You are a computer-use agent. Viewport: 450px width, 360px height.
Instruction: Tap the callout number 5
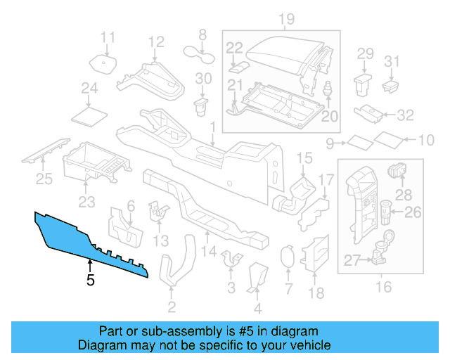coord(89,281)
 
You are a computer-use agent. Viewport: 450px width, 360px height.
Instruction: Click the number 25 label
coord(44,180)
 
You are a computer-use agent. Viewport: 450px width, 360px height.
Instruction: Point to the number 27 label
coord(352,261)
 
